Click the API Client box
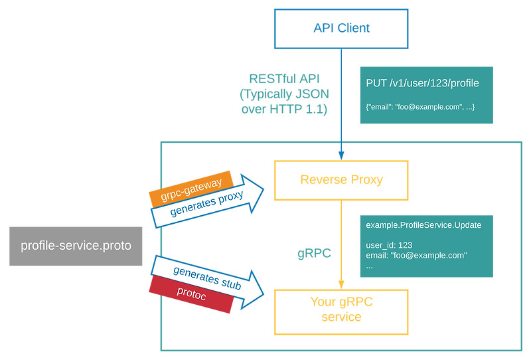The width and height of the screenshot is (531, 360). pyautogui.click(x=341, y=28)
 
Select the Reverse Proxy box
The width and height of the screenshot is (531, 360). pyautogui.click(x=341, y=180)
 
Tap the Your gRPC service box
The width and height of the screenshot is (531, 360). pyautogui.click(x=341, y=310)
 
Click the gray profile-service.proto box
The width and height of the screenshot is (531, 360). pyautogui.click(x=76, y=246)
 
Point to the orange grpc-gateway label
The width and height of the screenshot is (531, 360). pyautogui.click(x=191, y=188)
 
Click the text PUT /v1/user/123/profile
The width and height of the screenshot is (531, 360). pyautogui.click(x=422, y=84)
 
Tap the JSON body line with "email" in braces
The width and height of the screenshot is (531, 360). pyautogui.click(x=419, y=106)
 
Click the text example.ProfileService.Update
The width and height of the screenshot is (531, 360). pyautogui.click(x=423, y=225)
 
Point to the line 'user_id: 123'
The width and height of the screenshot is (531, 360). pyautogui.click(x=389, y=245)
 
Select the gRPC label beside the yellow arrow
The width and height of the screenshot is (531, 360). pyautogui.click(x=314, y=253)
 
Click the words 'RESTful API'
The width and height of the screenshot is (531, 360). pyautogui.click(x=283, y=78)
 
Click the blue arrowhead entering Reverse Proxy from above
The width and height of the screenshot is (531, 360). pyautogui.click(x=341, y=155)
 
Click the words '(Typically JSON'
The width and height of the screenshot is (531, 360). pyautogui.click(x=283, y=94)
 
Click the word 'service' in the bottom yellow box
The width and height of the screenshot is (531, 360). pyautogui.click(x=341, y=317)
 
